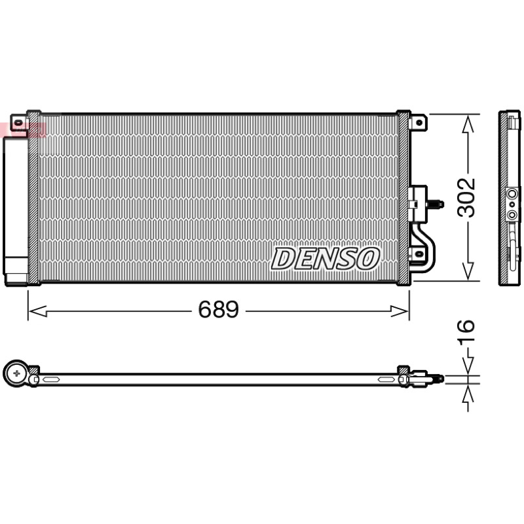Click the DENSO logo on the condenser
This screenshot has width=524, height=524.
(x=325, y=259)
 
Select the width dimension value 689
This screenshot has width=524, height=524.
(x=219, y=309)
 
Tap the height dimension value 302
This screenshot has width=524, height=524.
(x=466, y=198)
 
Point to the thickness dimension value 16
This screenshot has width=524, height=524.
(x=466, y=331)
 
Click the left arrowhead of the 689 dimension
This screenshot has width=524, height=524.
(x=37, y=310)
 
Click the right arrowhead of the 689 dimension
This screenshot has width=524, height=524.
(x=400, y=310)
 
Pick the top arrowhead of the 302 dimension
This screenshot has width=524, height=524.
(x=468, y=124)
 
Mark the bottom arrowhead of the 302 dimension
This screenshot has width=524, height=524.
(x=468, y=271)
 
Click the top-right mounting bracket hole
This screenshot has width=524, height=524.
(x=419, y=122)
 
